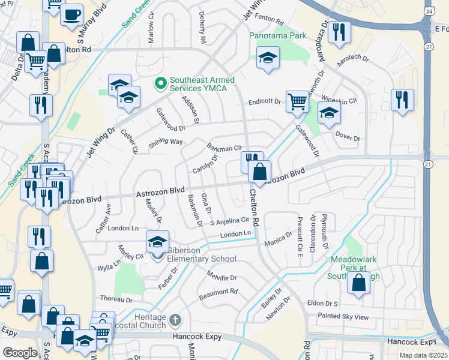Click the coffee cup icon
pos(72,14)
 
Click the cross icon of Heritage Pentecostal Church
pos(175,319)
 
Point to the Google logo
pos(20,352)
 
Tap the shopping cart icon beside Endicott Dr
pos(297,101)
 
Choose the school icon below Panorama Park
pos(267,58)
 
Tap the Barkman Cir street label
pos(223,147)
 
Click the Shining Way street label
pos(165,142)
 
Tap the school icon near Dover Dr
pos(329,113)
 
